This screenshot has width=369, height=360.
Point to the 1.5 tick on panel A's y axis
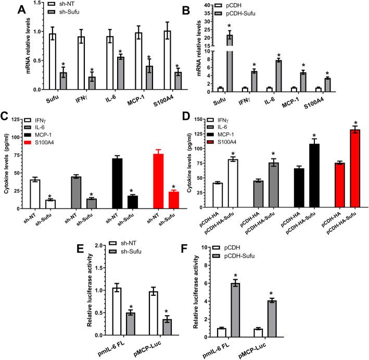click(33, 3)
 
